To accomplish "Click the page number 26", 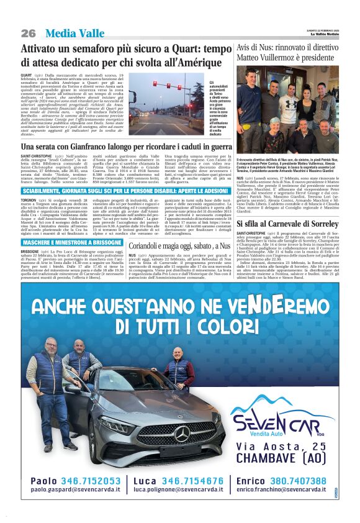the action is pyautogui.click(x=28, y=33).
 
